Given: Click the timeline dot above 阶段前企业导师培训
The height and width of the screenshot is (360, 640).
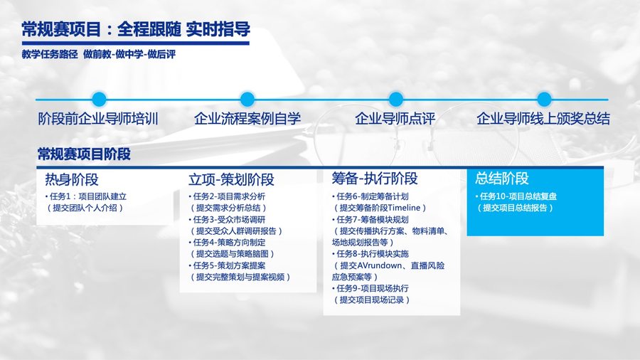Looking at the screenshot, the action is pos(99,99).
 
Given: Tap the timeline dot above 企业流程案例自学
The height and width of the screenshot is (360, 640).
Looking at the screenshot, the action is pos(247,99).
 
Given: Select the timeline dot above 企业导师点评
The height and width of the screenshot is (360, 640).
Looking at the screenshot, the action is pos(395,99).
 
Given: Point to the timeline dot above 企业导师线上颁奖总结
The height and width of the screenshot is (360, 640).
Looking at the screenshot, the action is pos(544,99).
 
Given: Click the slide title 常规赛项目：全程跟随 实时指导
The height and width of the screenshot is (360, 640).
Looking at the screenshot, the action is pos(136,29).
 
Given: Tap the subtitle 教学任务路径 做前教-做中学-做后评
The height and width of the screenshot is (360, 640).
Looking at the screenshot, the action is pos(99,54).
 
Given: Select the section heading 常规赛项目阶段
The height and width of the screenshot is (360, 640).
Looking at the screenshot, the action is pos(84,154).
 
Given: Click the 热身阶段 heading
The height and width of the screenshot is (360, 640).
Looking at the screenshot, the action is pos(71,179).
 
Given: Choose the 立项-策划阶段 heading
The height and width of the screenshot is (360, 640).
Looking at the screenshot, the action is pos(231,179).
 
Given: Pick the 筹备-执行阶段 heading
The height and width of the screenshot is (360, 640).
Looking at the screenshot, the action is pos(375,179).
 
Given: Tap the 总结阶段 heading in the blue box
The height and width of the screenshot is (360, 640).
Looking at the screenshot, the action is pos(502,179).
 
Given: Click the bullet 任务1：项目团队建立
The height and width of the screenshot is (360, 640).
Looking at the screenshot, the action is pos(86,196).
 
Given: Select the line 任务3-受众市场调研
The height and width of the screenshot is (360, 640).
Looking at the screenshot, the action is pos(227,220).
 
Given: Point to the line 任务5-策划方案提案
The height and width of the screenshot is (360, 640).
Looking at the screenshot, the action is pos(227,265).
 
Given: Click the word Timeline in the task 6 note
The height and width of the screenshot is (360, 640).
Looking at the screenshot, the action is pos(404,208).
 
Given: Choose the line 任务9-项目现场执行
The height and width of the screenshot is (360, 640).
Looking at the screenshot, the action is pos(370,289).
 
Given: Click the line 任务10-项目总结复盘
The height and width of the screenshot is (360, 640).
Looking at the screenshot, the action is pos(516,196).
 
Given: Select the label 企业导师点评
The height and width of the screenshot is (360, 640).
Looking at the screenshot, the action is pos(395,119).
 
